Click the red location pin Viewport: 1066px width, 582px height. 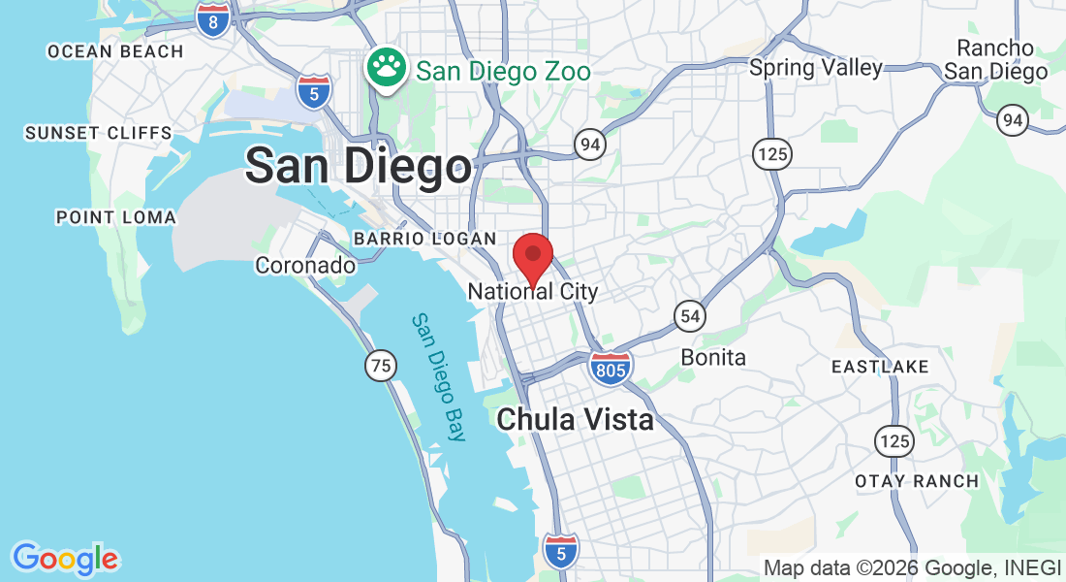point(532,257)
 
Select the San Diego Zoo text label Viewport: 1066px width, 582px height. point(503,72)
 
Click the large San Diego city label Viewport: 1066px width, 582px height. point(358,166)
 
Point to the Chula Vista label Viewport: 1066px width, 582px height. point(575,419)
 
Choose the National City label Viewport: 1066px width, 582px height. point(533,291)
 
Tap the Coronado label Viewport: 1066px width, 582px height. point(305,265)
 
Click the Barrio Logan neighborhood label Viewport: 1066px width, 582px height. point(424,239)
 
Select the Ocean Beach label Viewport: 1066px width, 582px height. point(115,51)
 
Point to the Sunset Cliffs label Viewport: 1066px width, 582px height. point(99,133)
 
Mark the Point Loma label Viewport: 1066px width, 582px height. point(116,217)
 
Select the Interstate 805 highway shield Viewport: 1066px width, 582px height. point(611,366)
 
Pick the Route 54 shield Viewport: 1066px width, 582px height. point(689,316)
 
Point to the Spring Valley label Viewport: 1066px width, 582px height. point(816,68)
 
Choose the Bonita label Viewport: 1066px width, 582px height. point(713,357)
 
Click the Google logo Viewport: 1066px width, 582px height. point(66,559)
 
